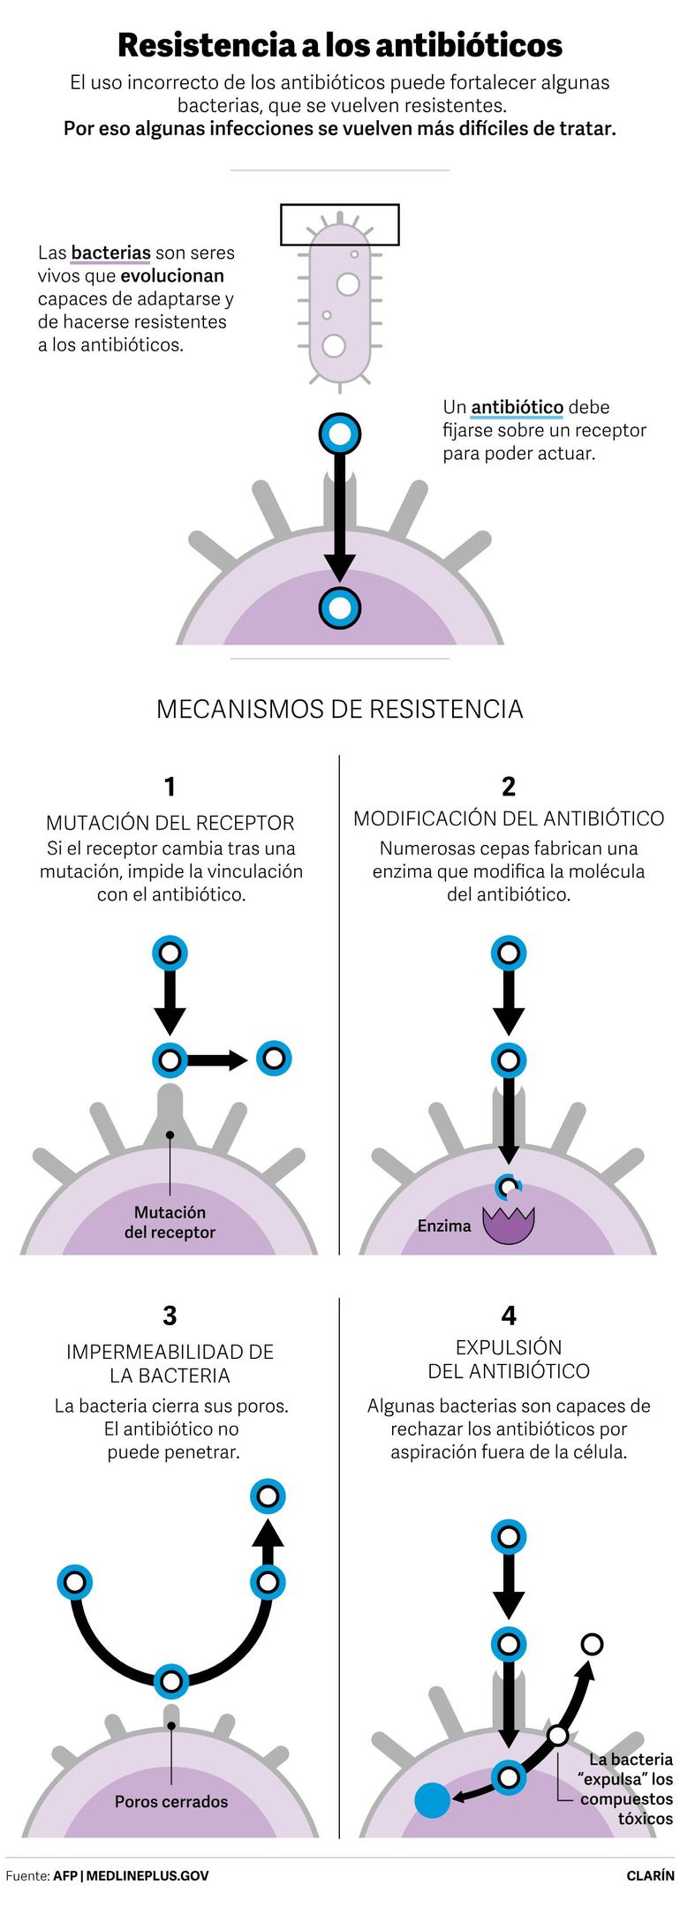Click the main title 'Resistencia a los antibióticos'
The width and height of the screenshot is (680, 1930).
point(340,45)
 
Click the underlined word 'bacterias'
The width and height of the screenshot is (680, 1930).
point(110,253)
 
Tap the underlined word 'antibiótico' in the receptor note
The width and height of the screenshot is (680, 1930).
point(517,407)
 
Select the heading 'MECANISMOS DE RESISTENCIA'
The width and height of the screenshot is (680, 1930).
point(340,709)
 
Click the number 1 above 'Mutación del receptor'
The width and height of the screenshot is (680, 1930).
point(170,786)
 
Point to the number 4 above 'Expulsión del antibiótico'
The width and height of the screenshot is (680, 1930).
point(509,1316)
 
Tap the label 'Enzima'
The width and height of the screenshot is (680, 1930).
point(444,1225)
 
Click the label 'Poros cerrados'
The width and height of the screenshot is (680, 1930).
point(171,1801)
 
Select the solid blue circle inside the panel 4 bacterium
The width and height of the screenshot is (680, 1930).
point(433,1800)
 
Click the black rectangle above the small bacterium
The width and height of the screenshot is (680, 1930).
point(340,224)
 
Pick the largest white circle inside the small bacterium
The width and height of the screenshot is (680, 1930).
point(348,284)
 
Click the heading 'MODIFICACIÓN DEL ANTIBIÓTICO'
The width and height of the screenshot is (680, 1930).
point(509,818)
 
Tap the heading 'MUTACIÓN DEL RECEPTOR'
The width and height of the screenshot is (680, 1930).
point(170,823)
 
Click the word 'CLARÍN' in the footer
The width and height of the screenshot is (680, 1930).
point(650,1875)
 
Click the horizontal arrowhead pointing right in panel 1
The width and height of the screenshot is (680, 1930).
point(237,1059)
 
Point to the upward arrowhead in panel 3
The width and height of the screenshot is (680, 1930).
point(268,1534)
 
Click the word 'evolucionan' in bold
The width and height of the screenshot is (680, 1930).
point(172,275)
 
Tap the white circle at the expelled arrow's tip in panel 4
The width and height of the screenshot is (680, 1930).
point(593,1644)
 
